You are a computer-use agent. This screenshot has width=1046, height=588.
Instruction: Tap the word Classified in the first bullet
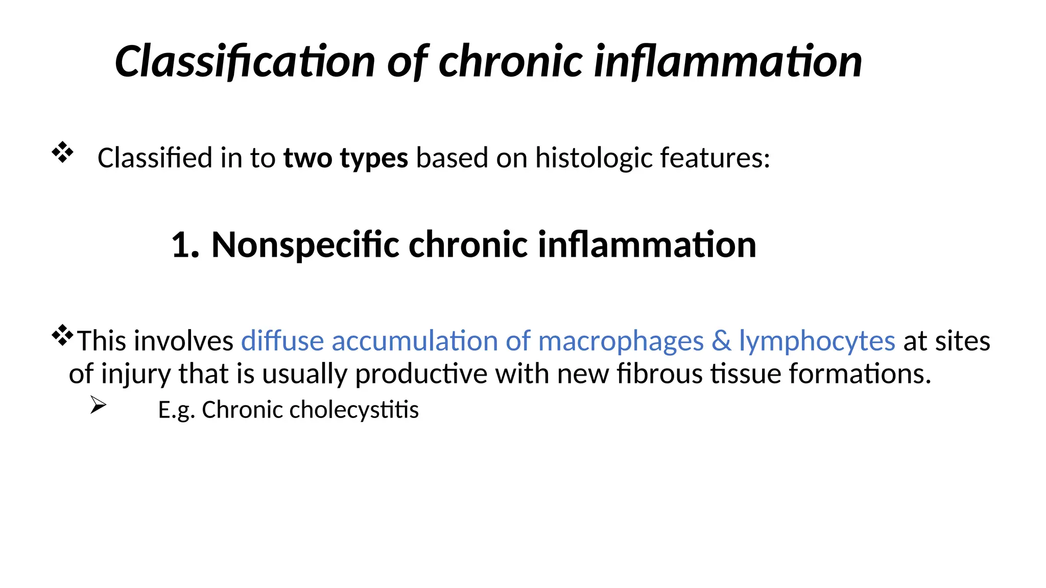[x=155, y=158]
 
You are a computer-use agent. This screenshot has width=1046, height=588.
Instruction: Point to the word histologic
[x=593, y=158]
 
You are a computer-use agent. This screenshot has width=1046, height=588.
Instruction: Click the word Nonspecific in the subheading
[x=305, y=245]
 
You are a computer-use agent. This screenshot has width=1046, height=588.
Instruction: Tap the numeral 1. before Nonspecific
[x=185, y=245]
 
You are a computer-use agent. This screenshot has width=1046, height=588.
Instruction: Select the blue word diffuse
[x=282, y=340]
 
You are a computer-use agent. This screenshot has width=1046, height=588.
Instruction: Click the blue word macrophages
[x=621, y=341]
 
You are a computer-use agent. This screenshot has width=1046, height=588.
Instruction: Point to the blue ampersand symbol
[x=721, y=340]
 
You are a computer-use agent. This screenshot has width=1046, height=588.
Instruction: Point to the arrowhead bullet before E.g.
[x=98, y=405]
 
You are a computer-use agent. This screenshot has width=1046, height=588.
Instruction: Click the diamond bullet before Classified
[x=62, y=152]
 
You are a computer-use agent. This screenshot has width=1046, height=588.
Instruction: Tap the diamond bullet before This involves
[x=62, y=335]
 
